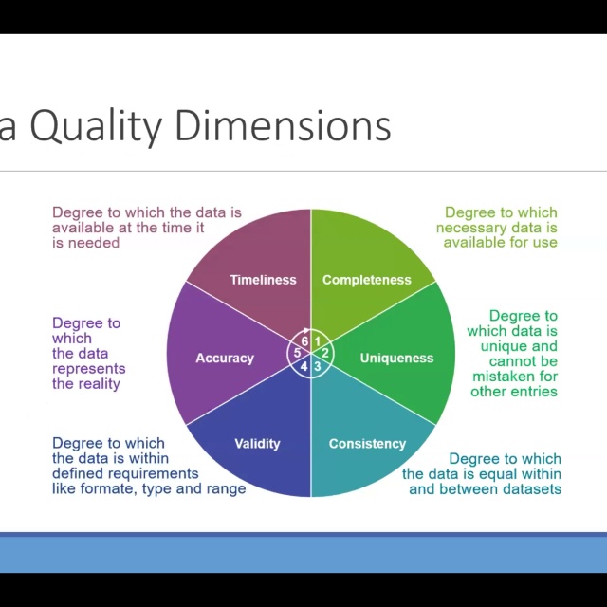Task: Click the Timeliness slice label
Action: [263, 280]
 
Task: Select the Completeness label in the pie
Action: [366, 280]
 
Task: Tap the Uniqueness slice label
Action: [396, 359]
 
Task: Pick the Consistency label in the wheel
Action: [367, 444]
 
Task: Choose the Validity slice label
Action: [257, 444]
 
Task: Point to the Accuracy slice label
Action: [225, 359]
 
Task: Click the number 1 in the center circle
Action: [319, 341]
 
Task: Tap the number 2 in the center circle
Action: [325, 354]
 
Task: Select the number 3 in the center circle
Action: [319, 366]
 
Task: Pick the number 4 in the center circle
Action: [304, 366]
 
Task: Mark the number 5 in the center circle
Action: [297, 354]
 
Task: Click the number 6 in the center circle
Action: [304, 341]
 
